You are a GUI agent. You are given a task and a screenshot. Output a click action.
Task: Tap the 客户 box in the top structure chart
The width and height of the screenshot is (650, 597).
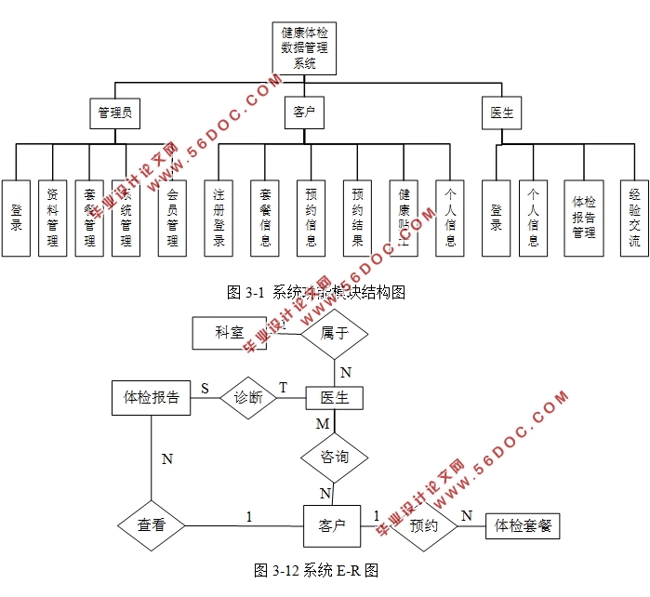point(304,113)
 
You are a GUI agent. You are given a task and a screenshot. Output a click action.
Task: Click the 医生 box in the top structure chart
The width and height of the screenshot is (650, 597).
point(502,113)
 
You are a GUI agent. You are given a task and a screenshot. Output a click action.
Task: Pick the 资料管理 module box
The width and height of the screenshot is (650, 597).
point(53,218)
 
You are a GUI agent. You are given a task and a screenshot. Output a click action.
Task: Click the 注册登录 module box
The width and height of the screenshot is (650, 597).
point(219,218)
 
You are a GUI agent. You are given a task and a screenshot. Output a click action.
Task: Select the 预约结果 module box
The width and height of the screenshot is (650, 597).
point(358,218)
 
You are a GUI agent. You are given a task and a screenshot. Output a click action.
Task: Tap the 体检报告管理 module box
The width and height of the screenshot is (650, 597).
point(583,218)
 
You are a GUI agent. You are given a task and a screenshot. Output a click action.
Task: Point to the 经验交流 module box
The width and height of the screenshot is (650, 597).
point(634,218)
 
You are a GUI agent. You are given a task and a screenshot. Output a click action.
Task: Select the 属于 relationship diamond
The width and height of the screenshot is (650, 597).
point(335,333)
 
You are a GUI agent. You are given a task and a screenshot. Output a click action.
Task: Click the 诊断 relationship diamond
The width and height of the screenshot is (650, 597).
point(248,398)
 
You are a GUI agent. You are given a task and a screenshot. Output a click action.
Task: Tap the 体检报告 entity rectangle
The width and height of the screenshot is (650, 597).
point(152,397)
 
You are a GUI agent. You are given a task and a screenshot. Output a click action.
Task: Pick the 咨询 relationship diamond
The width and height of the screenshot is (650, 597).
point(335,458)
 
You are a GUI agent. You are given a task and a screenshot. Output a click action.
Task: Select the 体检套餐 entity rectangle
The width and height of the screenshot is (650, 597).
point(523,525)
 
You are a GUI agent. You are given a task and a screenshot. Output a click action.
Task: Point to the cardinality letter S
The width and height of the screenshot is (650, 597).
point(205,388)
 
